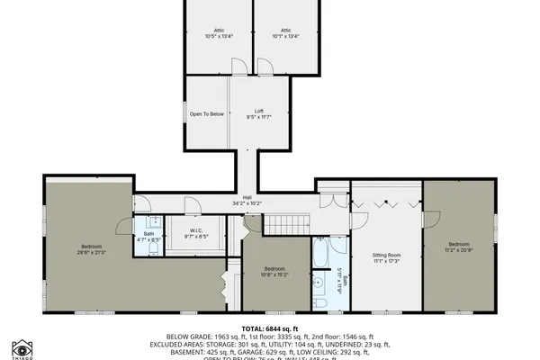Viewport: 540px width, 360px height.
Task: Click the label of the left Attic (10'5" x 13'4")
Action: point(219,33)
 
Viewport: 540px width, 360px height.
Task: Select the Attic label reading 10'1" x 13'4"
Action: point(286,33)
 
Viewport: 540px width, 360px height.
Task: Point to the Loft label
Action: point(258,113)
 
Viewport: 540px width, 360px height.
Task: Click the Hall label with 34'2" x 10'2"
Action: point(246,201)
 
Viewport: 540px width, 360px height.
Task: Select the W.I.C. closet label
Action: point(196,233)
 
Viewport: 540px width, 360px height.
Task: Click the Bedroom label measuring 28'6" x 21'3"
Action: point(92,249)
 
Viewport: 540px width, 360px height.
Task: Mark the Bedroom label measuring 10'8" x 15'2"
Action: point(274,272)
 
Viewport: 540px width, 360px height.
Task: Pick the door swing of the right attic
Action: point(264,66)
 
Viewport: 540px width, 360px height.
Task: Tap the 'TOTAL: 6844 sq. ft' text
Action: point(269,329)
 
